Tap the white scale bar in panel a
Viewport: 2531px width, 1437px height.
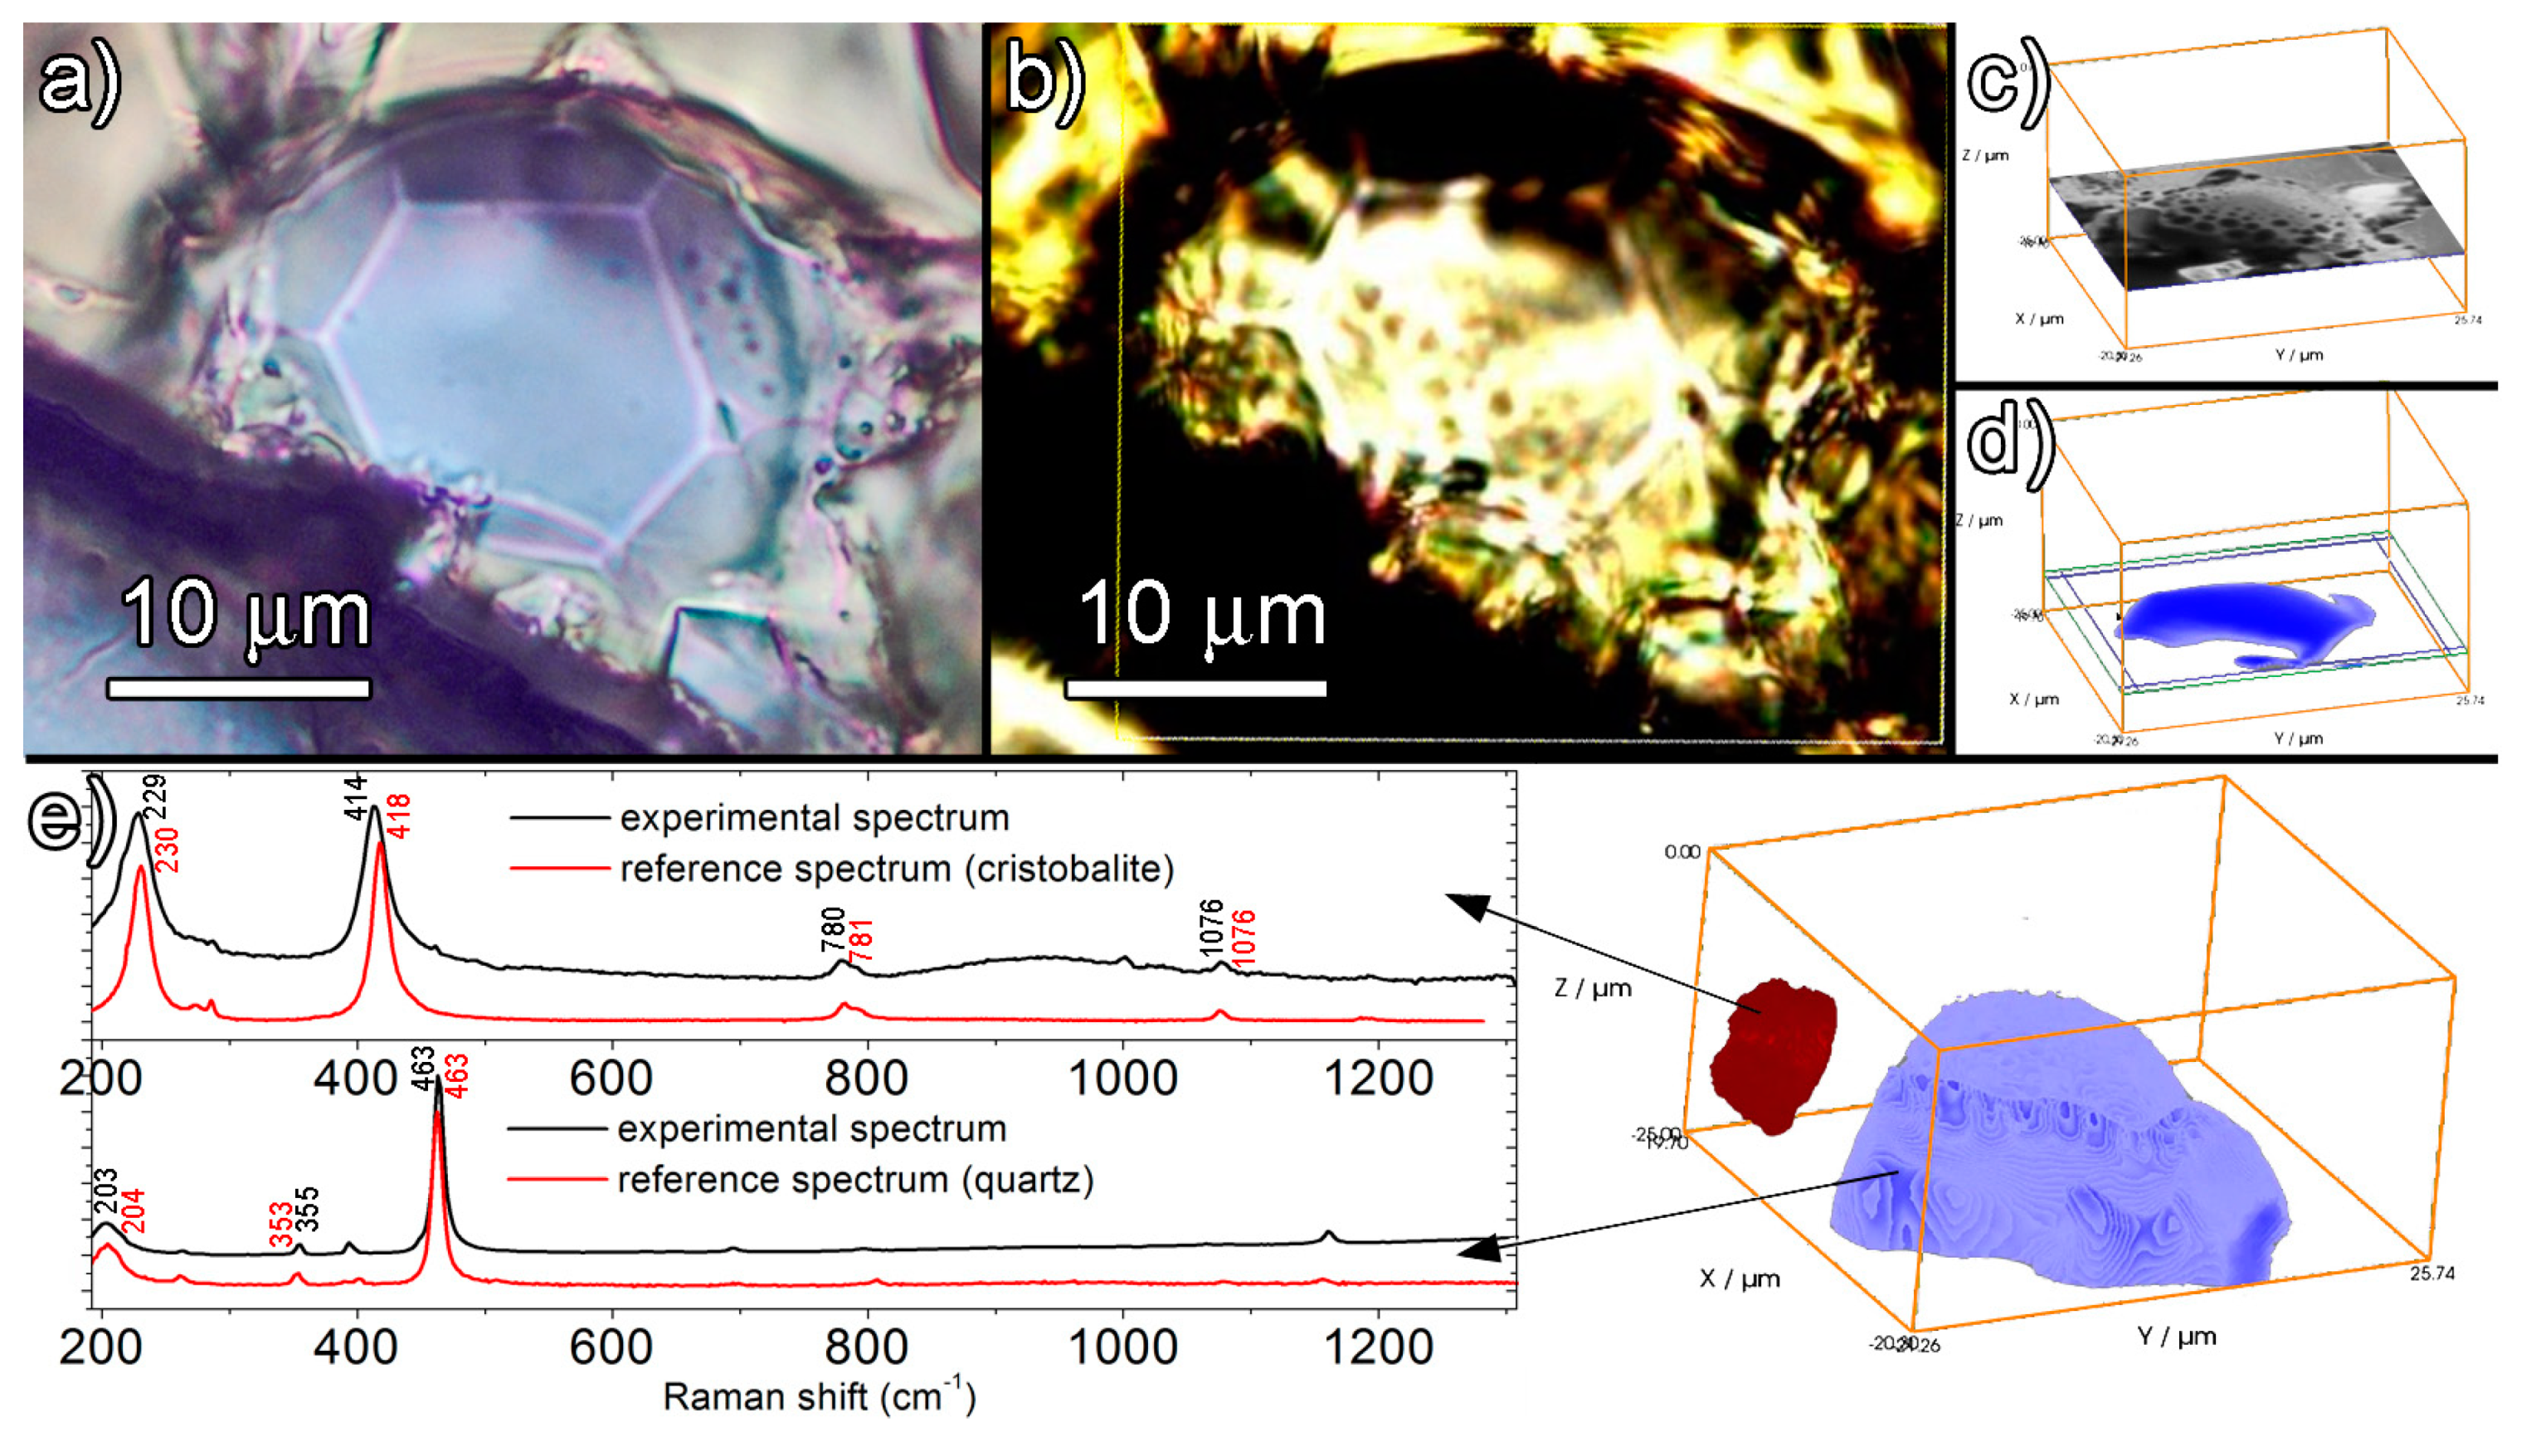tap(239, 688)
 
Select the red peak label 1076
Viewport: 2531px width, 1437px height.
tap(1244, 938)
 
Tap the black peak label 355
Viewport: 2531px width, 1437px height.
tap(309, 1209)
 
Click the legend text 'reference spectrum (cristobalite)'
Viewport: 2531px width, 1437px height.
tap(897, 870)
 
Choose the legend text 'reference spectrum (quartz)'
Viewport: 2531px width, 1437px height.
tap(855, 1180)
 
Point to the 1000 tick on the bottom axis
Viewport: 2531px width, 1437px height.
tap(1123, 1347)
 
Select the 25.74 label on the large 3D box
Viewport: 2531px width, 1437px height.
tap(2431, 1274)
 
